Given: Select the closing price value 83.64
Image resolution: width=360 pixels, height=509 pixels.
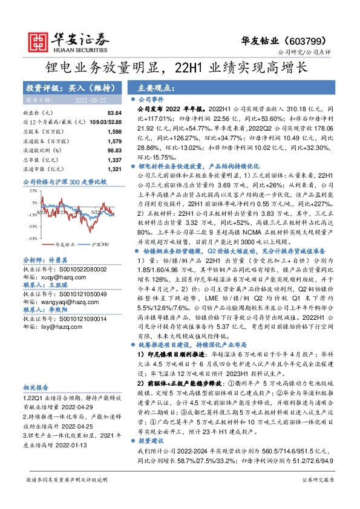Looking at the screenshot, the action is (x=113, y=113).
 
